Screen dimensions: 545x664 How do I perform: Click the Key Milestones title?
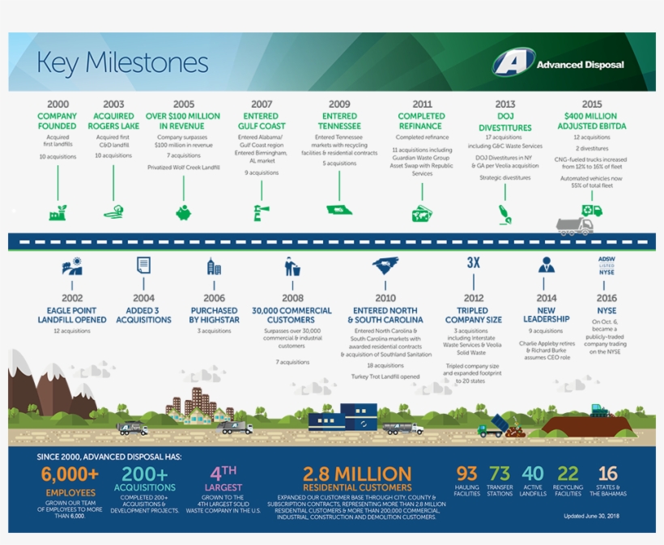point(123,63)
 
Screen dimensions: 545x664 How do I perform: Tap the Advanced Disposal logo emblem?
point(513,63)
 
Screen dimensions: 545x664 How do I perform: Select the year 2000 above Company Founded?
point(57,104)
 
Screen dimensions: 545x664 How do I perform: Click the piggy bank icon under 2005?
point(184,212)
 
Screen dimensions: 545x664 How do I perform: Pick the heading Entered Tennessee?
point(339,121)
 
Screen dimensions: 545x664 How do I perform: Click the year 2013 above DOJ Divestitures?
point(505,104)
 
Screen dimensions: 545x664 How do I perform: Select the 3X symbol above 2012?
point(474,262)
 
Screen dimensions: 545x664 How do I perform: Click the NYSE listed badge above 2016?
point(607,265)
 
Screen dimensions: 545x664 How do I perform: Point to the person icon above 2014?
point(547,265)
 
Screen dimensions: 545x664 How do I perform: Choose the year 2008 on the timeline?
point(292,298)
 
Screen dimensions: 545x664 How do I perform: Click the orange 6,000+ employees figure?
point(70,475)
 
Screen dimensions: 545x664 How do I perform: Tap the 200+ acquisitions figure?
point(143,475)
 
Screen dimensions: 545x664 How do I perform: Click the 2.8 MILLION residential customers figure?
point(357,474)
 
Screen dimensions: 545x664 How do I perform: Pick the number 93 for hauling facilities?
point(467,473)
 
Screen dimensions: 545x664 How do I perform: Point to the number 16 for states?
point(608,473)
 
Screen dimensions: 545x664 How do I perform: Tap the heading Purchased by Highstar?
point(214,315)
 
